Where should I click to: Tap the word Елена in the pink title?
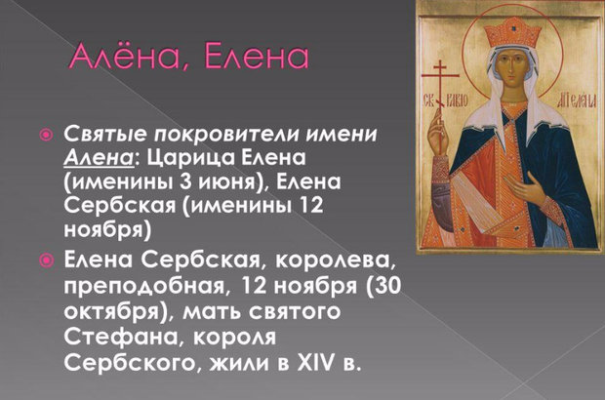[257, 58]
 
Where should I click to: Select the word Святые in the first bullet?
[105, 135]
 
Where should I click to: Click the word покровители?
[227, 135]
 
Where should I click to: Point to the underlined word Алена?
[99, 158]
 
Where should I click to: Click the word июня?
[230, 182]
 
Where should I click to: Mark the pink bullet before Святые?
[46, 135]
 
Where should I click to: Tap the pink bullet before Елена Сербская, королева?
[46, 260]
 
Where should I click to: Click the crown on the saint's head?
[512, 32]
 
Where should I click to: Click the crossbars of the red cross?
[440, 72]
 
